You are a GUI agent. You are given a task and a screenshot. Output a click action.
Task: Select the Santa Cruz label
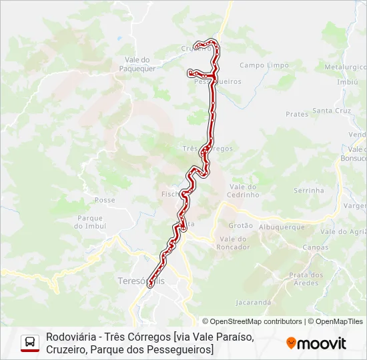(x=332, y=111)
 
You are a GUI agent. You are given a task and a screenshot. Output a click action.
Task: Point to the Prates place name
(x=297, y=114)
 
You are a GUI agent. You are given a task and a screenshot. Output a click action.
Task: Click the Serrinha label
(x=308, y=191)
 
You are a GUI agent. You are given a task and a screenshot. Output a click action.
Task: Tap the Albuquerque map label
(x=282, y=227)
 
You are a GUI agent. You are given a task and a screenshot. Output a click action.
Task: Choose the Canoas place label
(x=316, y=247)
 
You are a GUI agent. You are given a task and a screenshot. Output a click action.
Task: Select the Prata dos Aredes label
(x=306, y=279)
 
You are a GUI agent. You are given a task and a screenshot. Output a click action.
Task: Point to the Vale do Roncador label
(x=234, y=243)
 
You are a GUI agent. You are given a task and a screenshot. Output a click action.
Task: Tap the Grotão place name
(x=241, y=226)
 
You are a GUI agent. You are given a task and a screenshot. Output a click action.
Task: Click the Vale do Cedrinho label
(x=244, y=191)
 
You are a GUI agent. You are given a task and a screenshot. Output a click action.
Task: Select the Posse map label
(x=105, y=200)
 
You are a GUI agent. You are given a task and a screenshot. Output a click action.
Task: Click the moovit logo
(x=316, y=343)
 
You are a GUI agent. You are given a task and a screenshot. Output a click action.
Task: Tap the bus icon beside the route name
(x=30, y=343)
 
